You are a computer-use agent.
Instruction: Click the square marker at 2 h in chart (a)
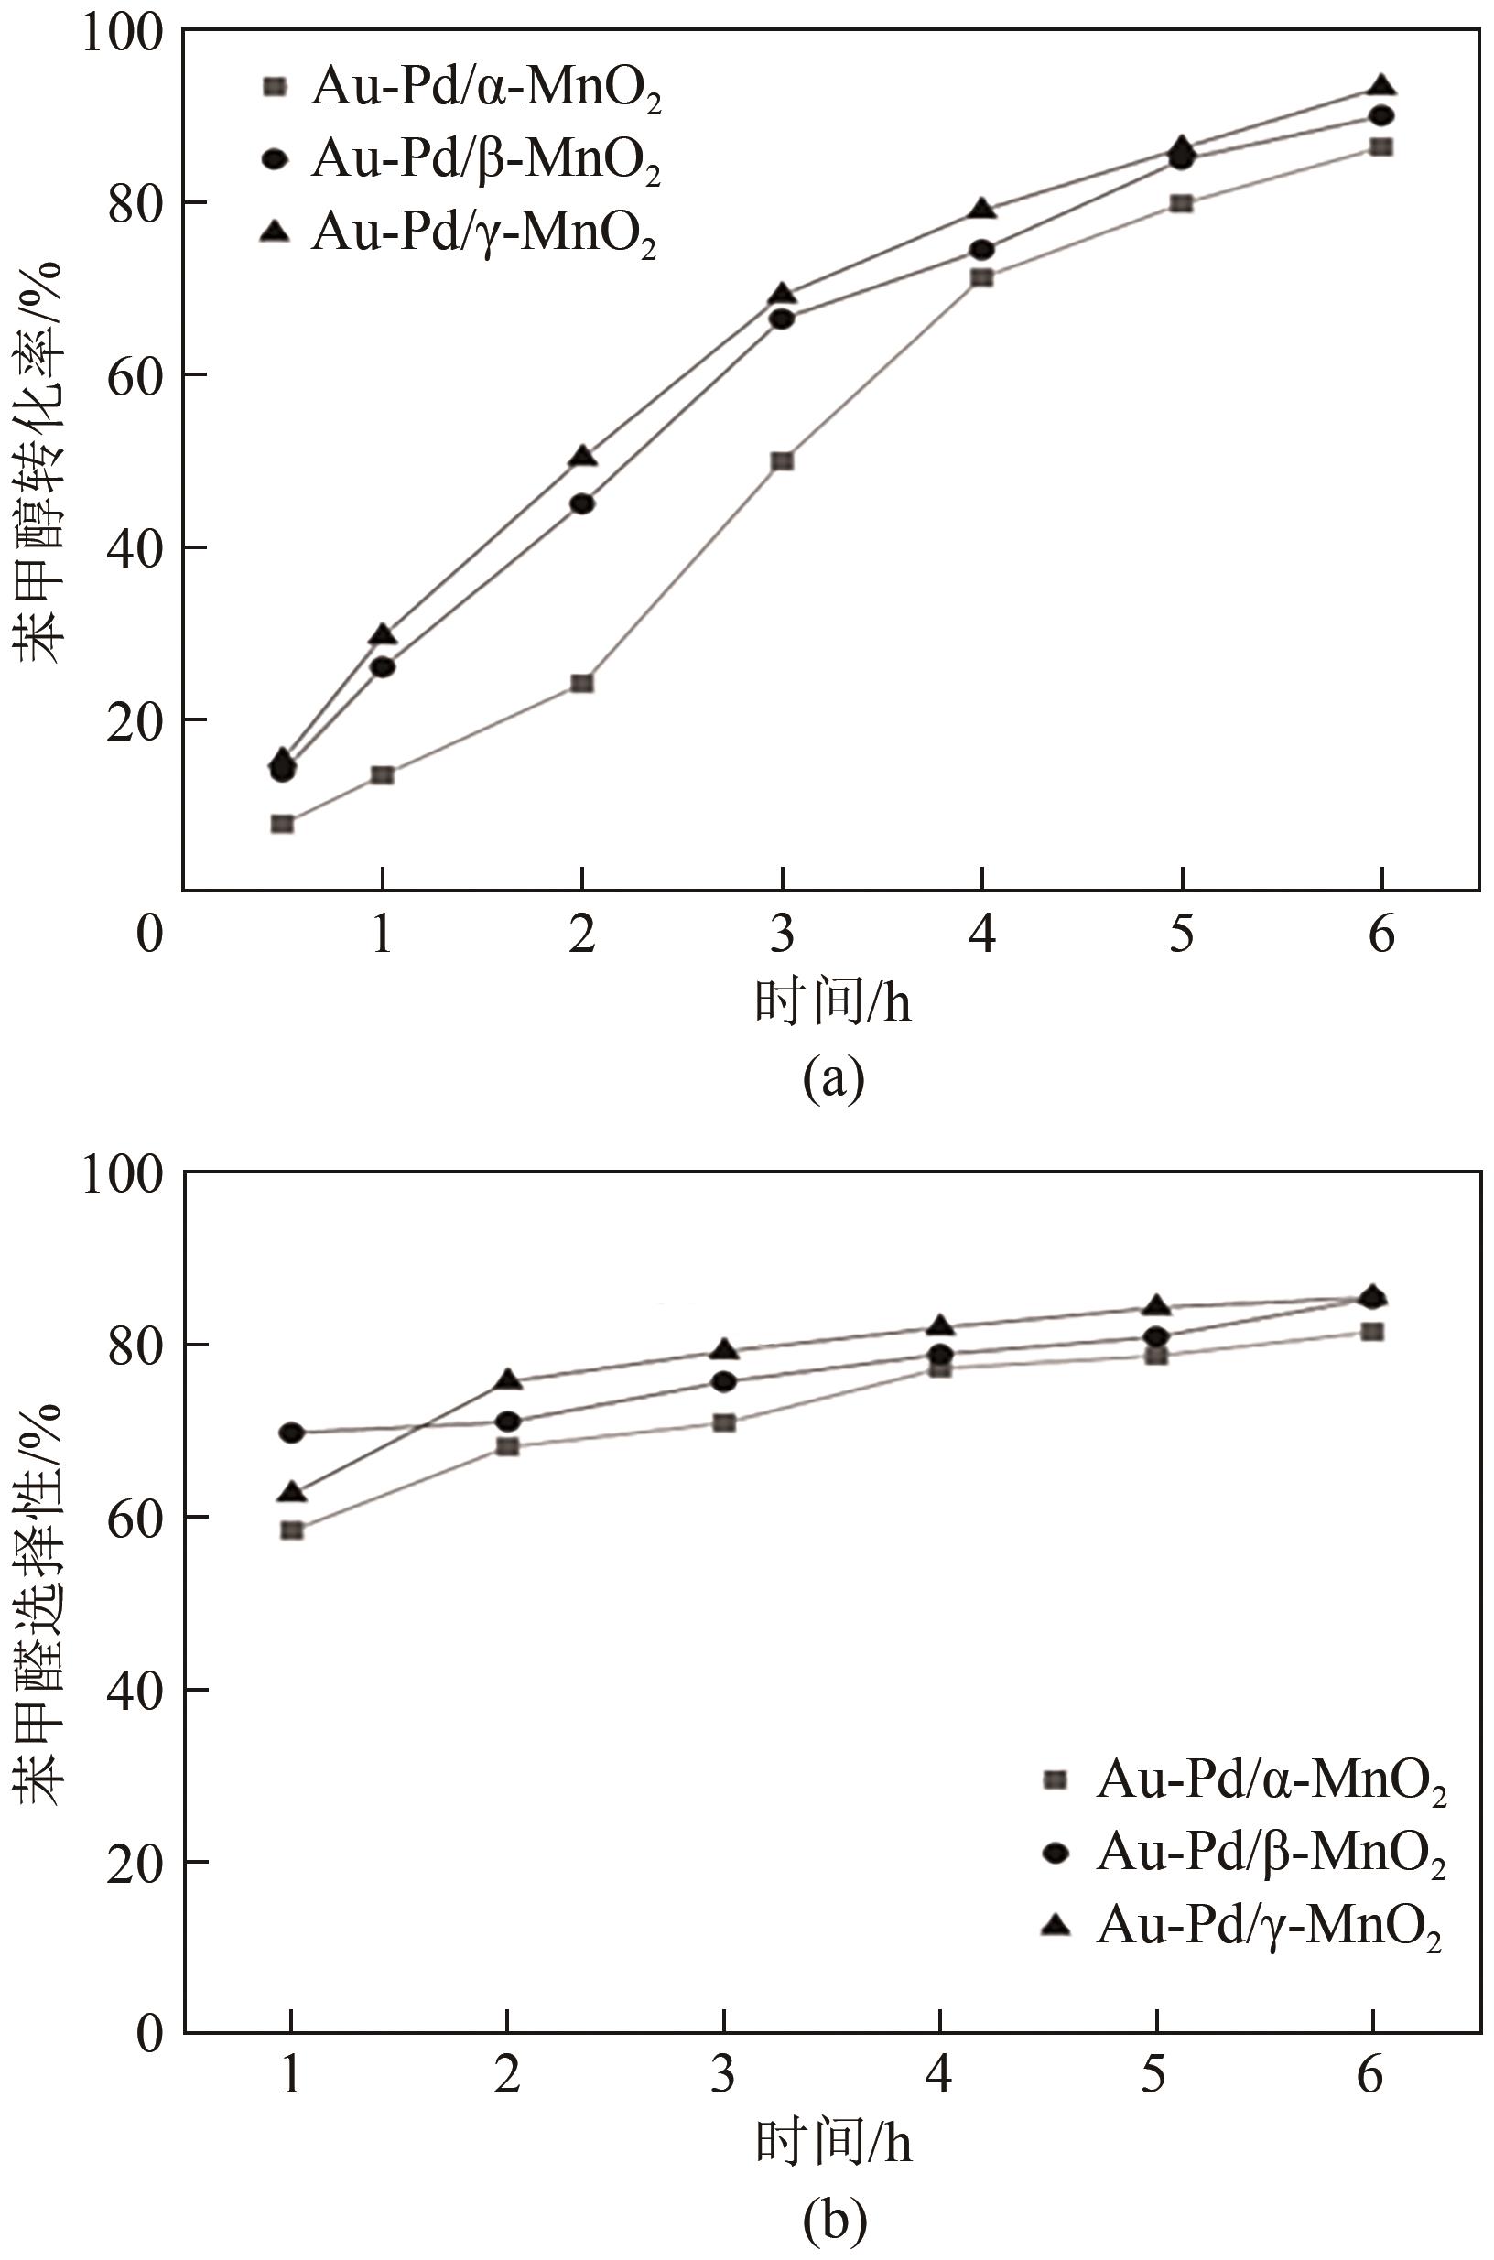[x=582, y=683]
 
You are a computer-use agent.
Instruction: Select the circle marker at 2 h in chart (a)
[x=582, y=504]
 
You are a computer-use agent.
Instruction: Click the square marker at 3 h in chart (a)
[x=783, y=461]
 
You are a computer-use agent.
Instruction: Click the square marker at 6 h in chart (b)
[x=1372, y=1331]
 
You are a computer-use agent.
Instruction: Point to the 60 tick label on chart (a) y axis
[x=133, y=375]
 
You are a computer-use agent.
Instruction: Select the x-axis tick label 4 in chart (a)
[x=981, y=935]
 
